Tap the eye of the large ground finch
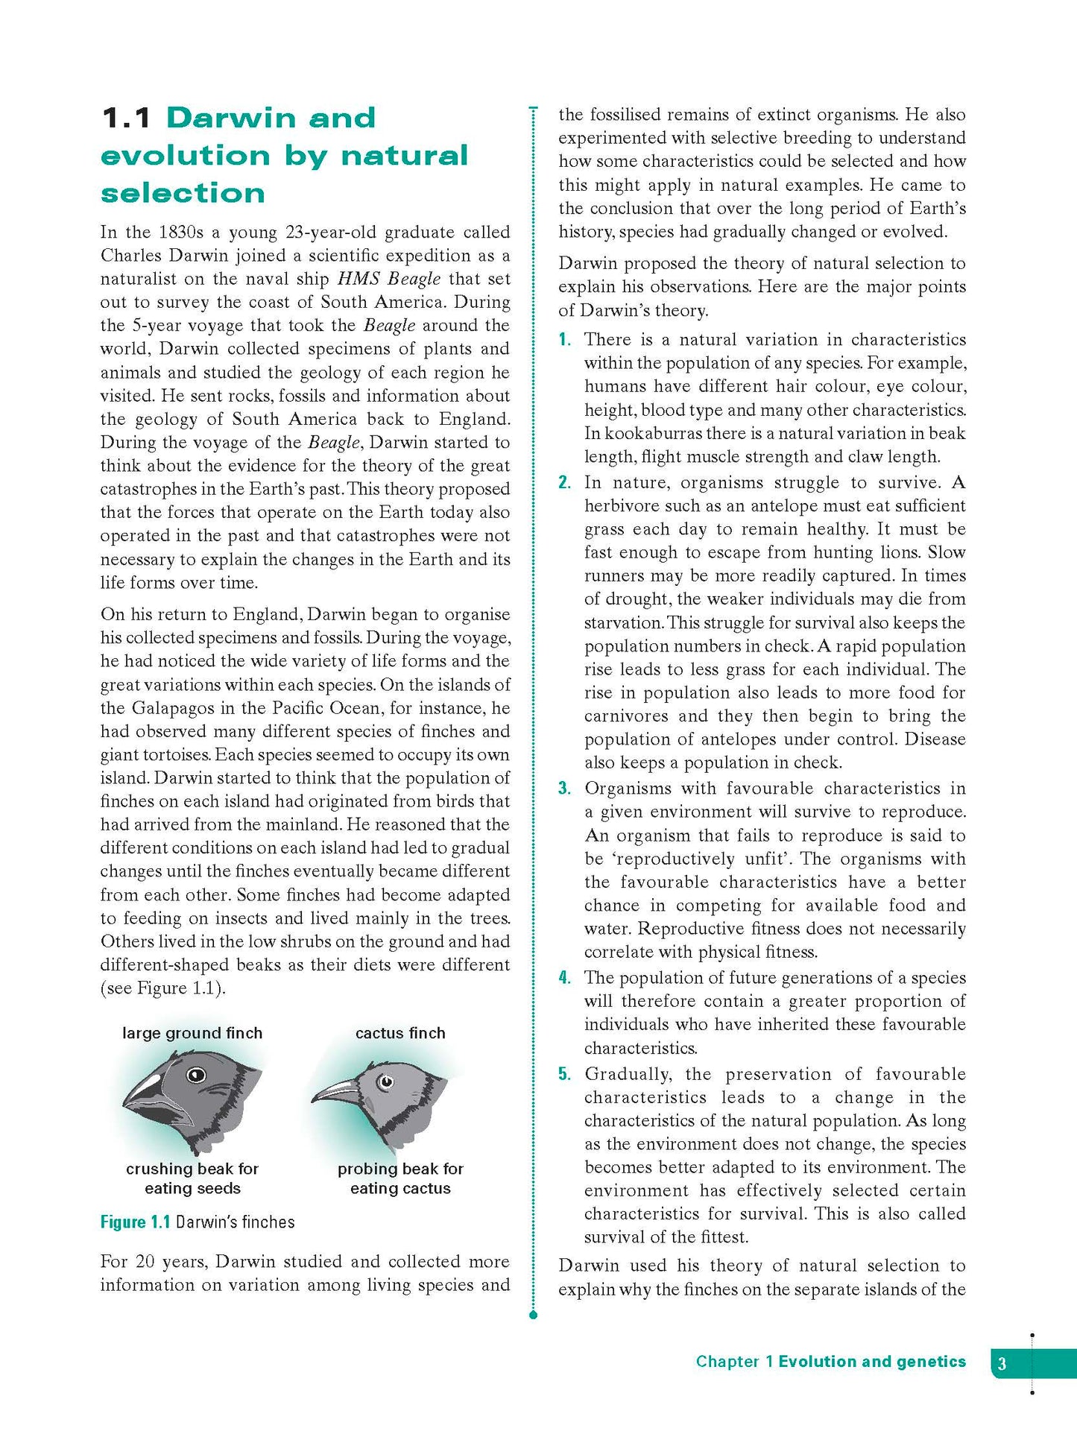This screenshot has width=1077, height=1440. [196, 1075]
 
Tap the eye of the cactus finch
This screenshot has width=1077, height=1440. [385, 1081]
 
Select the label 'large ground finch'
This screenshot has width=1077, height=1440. [192, 1033]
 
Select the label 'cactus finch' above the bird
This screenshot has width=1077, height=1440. [400, 1033]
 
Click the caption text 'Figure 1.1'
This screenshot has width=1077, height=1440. [135, 1222]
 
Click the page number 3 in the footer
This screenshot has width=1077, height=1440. [1002, 1364]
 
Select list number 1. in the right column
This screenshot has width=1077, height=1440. [565, 340]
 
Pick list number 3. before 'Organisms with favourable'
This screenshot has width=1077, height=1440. [565, 789]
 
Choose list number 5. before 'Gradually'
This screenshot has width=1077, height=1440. [565, 1074]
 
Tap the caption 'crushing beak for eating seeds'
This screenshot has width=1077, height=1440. [192, 1178]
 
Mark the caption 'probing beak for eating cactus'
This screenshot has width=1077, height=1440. [400, 1178]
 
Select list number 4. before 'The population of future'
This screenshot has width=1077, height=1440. [565, 978]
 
